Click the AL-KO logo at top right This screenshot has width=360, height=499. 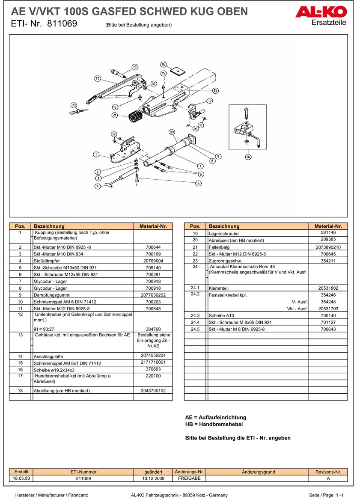(321, 13)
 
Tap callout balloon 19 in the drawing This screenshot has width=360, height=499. (135, 67)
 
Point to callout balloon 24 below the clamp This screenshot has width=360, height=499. (248, 157)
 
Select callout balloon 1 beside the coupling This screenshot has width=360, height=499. (96, 154)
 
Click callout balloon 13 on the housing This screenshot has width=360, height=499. (215, 91)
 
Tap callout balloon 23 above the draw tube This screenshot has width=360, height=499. (172, 132)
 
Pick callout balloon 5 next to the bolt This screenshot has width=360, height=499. (198, 183)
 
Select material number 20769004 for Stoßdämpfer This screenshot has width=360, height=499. (153, 261)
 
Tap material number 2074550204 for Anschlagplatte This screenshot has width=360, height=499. (153, 356)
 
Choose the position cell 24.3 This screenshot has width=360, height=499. (195, 315)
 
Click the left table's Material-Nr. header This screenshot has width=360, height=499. (153, 226)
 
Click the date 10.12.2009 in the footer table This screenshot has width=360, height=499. (153, 478)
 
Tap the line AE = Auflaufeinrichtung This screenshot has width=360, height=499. (215, 417)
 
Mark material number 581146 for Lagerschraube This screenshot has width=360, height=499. (328, 232)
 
